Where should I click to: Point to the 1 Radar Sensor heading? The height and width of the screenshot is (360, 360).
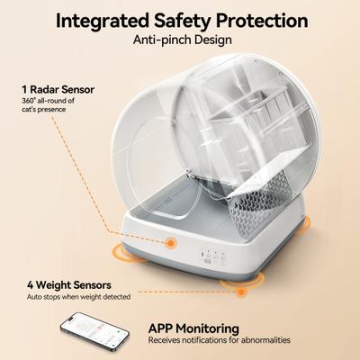[58, 90]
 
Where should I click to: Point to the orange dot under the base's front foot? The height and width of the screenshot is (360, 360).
[238, 289]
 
